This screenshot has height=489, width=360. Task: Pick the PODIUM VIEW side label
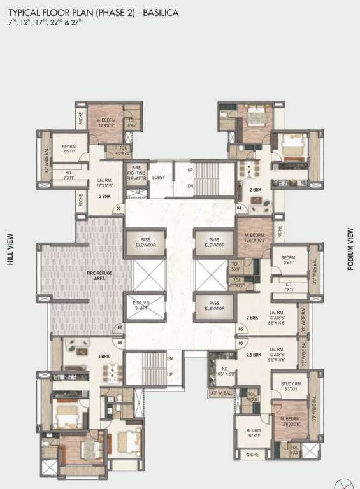coord(350,248)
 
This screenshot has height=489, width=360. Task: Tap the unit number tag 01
coord(119,343)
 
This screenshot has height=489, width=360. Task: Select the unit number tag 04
coord(240,208)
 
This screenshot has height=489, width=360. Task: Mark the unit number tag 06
coord(240,343)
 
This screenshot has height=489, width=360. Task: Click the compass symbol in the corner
coord(345,482)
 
